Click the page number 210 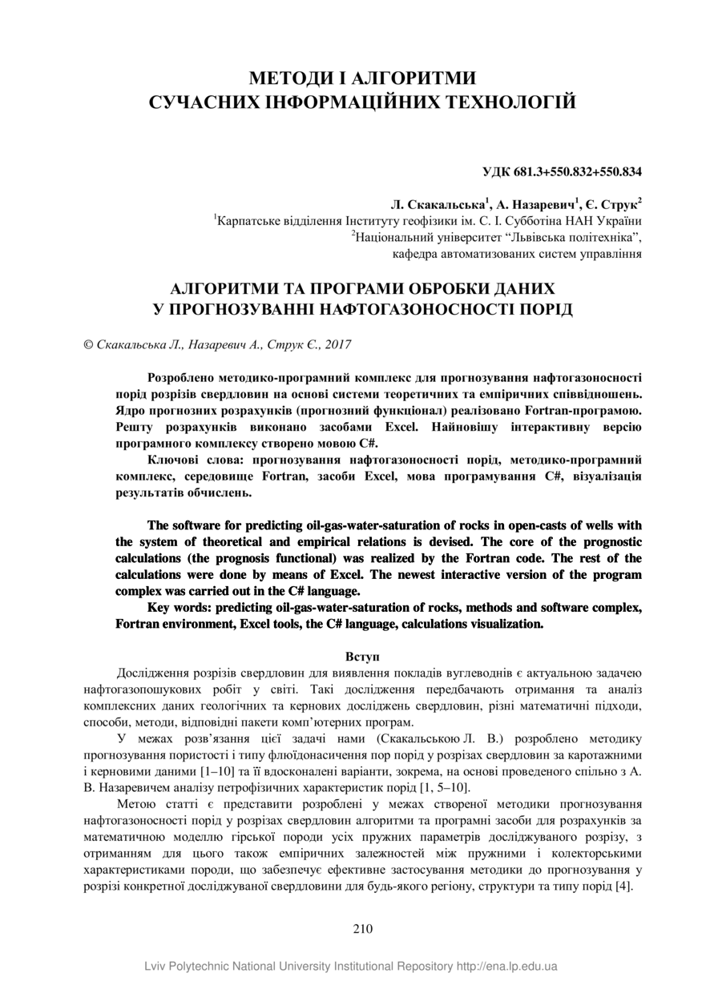[x=362, y=930]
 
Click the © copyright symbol [x=89, y=345]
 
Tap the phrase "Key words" [x=180, y=607]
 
